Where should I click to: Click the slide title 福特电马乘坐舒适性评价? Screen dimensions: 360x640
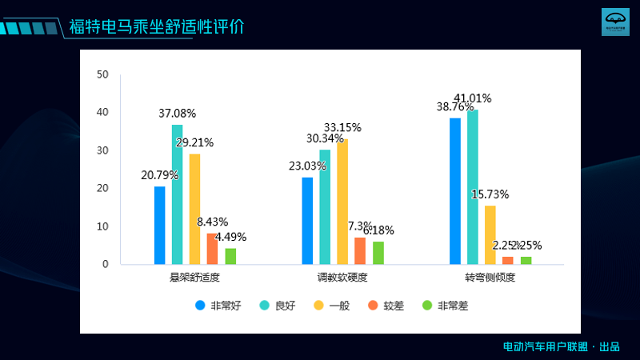click(x=156, y=26)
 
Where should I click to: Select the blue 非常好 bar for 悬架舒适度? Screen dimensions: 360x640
click(x=160, y=225)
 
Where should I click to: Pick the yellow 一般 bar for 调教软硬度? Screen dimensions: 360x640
click(x=342, y=202)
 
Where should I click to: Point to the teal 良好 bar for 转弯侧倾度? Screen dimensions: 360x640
click(x=473, y=186)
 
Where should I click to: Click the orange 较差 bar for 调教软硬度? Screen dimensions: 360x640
click(x=360, y=250)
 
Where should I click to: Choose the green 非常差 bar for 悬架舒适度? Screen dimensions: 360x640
click(x=230, y=256)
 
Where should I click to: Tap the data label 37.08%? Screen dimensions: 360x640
click(x=177, y=114)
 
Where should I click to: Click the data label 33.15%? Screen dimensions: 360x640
click(x=342, y=127)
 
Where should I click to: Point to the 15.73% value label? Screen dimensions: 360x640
click(x=490, y=194)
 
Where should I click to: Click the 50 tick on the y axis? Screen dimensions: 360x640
click(x=102, y=74)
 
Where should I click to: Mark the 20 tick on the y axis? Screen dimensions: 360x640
click(x=102, y=189)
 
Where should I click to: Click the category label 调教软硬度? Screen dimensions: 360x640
click(x=342, y=278)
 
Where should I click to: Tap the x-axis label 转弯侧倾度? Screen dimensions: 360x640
click(x=490, y=278)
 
